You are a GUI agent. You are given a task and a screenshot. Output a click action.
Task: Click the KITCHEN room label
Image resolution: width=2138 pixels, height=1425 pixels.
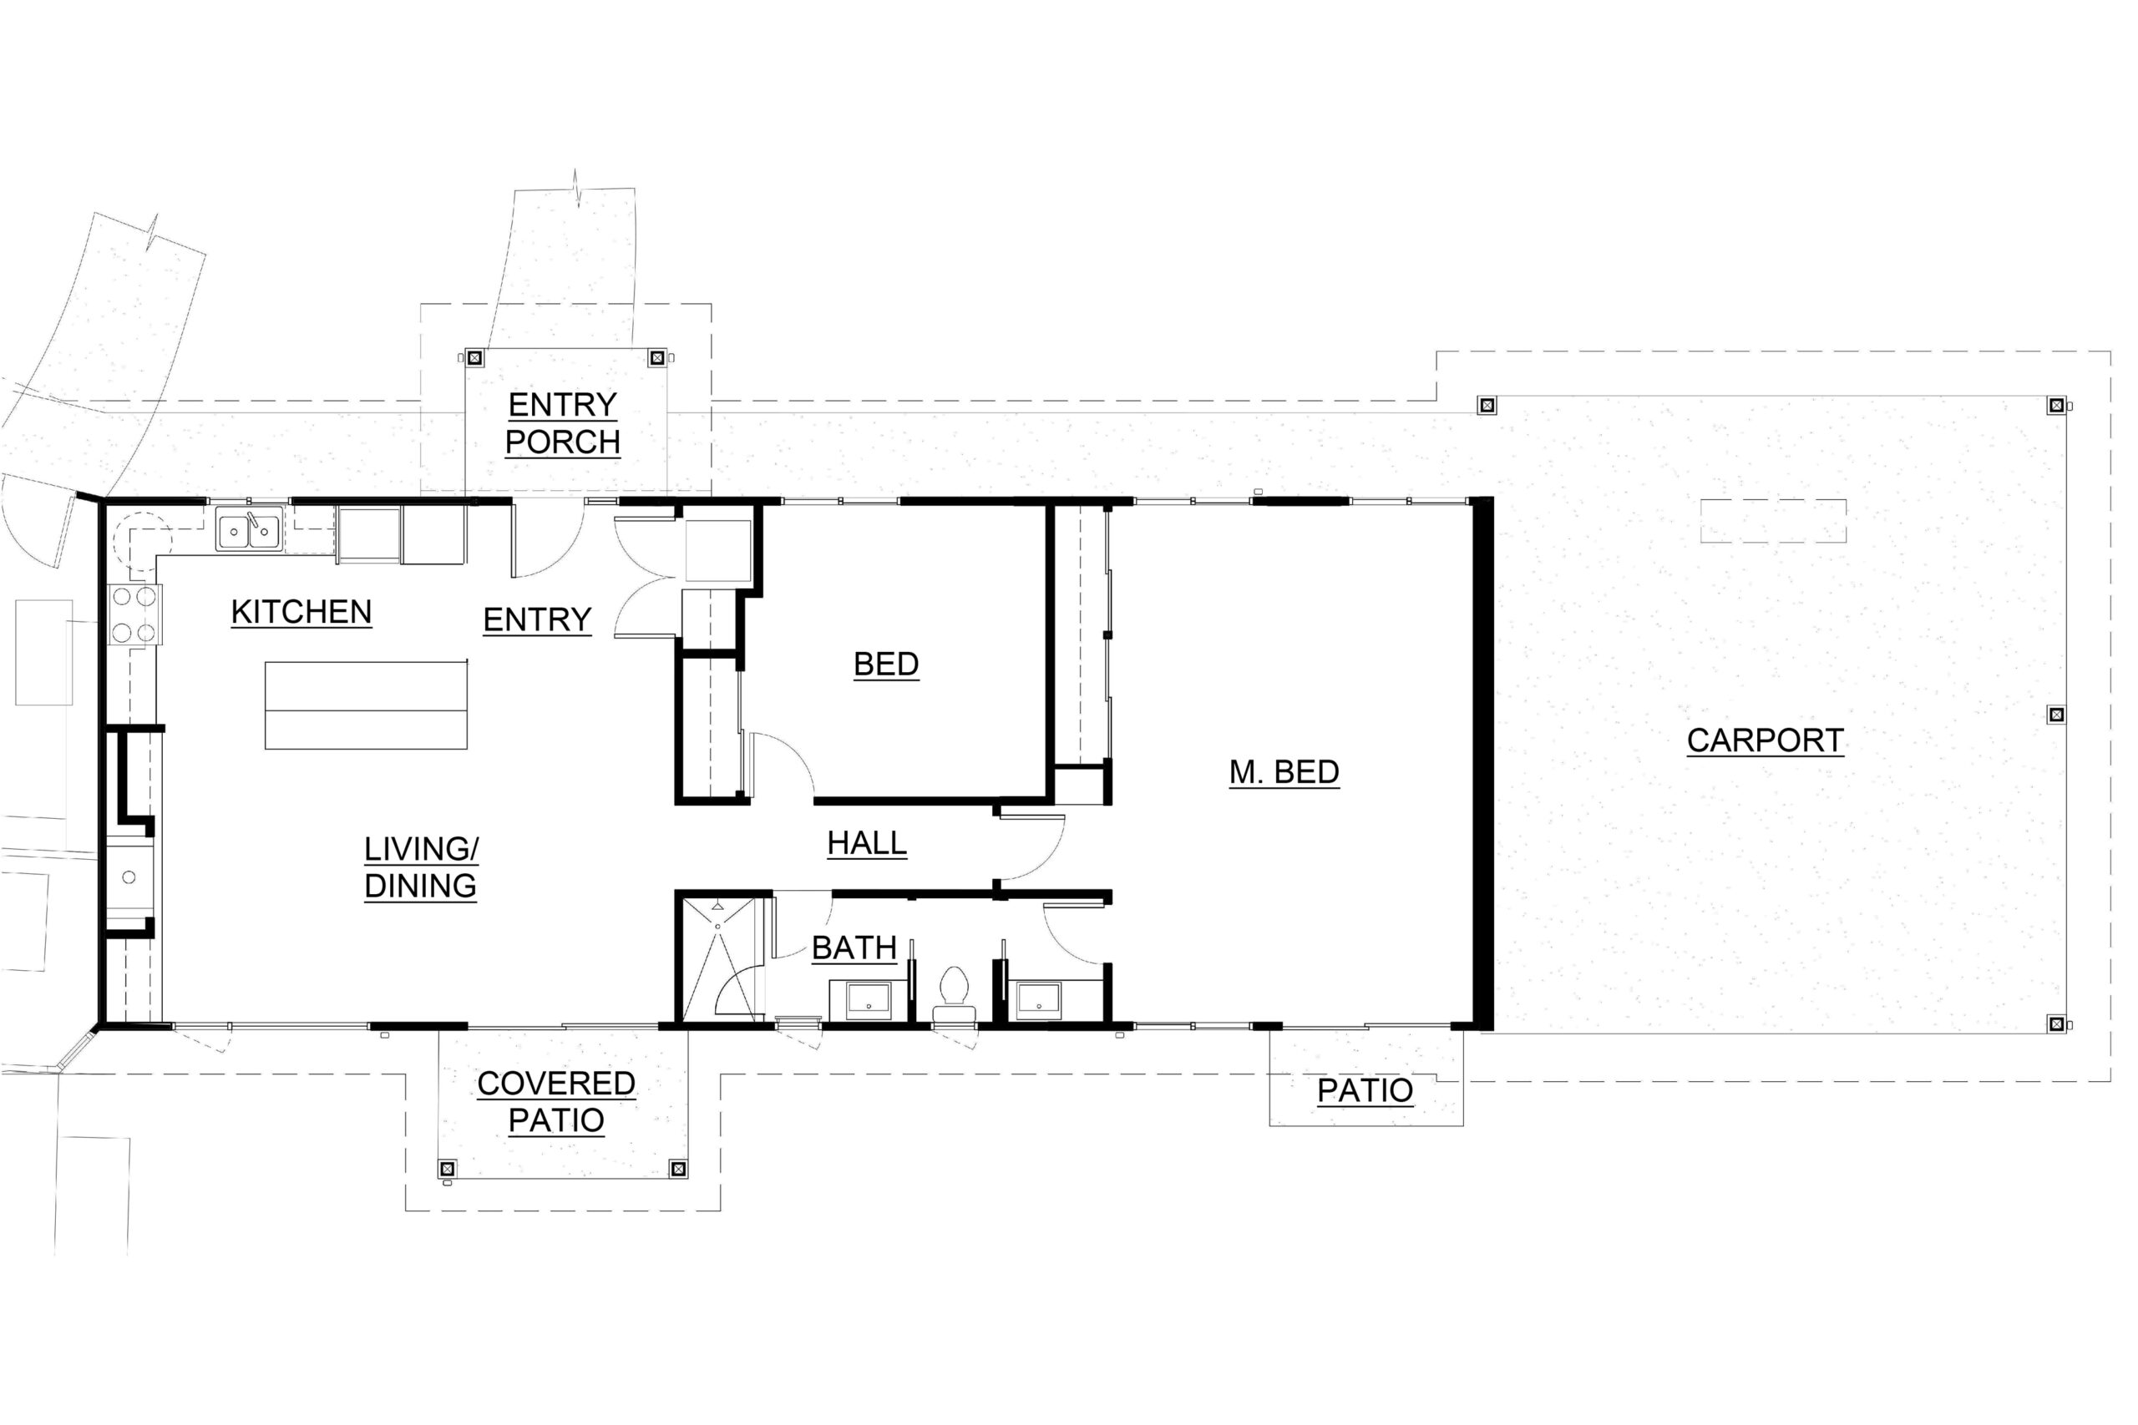pyautogui.click(x=301, y=613)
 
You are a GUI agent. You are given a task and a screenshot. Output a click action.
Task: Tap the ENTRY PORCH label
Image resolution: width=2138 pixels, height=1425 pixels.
pyautogui.click(x=563, y=422)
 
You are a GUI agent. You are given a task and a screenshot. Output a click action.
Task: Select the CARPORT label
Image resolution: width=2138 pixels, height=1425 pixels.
pyautogui.click(x=1766, y=740)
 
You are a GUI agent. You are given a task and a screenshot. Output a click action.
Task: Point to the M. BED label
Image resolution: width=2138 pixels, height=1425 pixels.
pyautogui.click(x=1284, y=772)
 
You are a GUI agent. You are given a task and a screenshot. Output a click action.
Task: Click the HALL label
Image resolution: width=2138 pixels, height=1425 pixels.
pyautogui.click(x=867, y=843)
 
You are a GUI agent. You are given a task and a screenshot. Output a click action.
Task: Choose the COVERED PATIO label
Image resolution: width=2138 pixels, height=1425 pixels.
pyautogui.click(x=556, y=1101)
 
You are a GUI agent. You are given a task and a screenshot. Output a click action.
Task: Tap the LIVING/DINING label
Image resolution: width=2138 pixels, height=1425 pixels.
pyautogui.click(x=421, y=867)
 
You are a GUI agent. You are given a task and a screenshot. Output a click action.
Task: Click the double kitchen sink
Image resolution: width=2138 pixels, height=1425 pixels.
pyautogui.click(x=249, y=529)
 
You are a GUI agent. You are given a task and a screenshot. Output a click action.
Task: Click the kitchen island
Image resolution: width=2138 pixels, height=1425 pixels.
pyautogui.click(x=367, y=705)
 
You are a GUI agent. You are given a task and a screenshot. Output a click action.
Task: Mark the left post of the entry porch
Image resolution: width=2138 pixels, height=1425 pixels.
pyautogui.click(x=474, y=357)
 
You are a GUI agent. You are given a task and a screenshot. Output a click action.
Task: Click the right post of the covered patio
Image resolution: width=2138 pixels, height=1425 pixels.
pyautogui.click(x=677, y=1169)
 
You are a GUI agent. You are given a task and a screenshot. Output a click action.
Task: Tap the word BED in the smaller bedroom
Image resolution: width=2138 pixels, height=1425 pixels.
pyautogui.click(x=886, y=664)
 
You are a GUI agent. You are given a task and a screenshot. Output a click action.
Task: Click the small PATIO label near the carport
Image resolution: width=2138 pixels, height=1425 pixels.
pyautogui.click(x=1365, y=1090)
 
